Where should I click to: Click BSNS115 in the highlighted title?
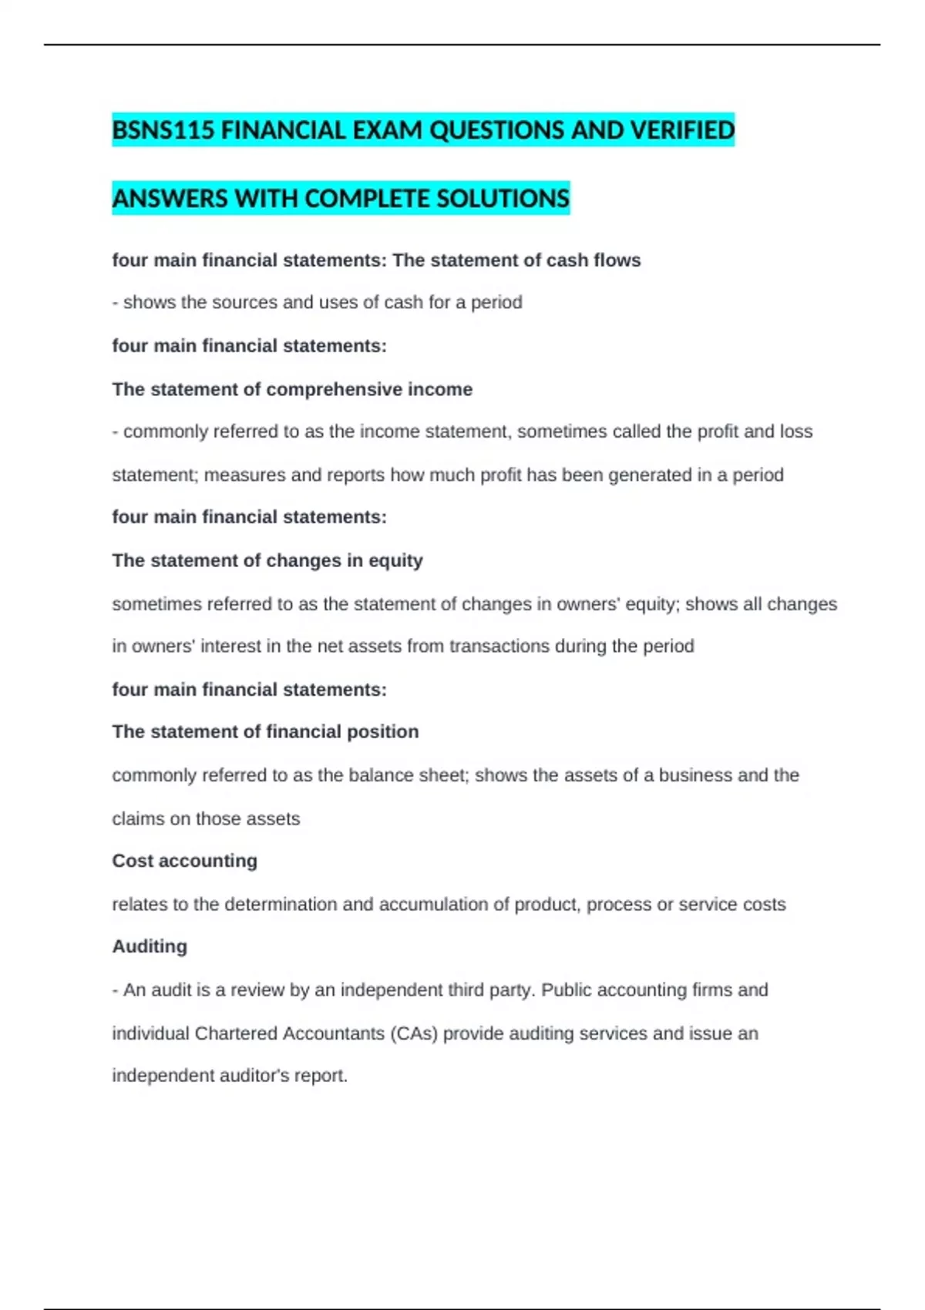(163, 130)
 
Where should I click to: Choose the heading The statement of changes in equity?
(267, 560)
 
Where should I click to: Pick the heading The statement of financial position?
(265, 731)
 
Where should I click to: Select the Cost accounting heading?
(185, 861)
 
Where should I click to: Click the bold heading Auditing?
(150, 946)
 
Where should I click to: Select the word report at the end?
(321, 1076)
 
